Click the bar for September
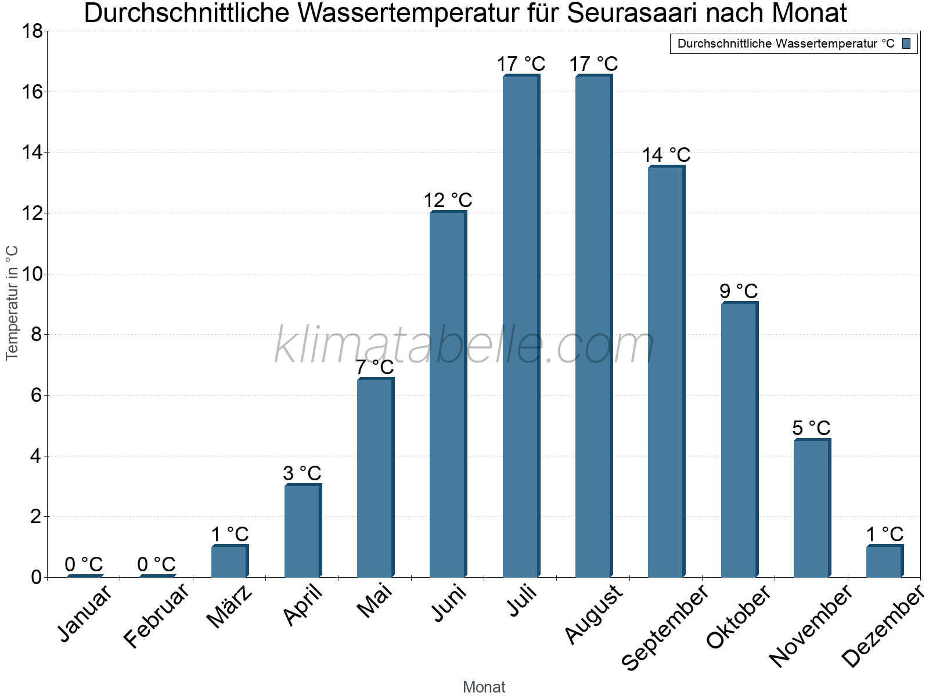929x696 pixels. (666, 371)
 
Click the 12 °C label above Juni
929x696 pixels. (448, 201)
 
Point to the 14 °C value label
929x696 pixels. (666, 155)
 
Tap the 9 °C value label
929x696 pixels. (739, 291)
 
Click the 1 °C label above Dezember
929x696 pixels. (884, 534)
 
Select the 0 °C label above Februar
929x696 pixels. (157, 564)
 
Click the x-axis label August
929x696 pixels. (593, 614)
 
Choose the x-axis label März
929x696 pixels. (230, 607)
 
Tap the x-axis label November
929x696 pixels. (811, 625)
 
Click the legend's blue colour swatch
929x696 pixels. (906, 43)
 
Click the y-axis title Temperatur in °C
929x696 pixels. (12, 303)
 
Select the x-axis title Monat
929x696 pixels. (484, 687)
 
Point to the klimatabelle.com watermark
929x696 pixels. (464, 346)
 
